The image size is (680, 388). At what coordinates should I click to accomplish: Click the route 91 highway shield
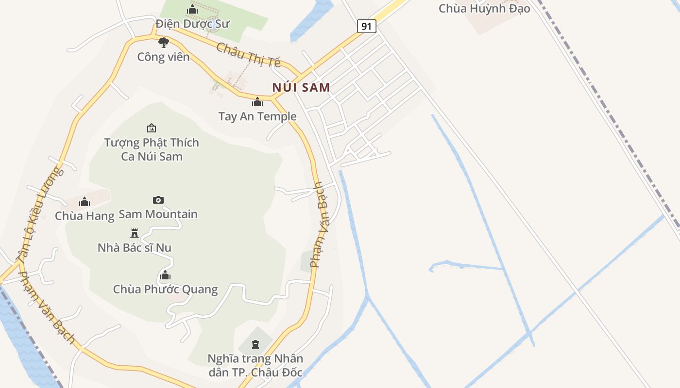tap(367, 26)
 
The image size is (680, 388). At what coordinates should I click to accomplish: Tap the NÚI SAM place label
tap(301, 88)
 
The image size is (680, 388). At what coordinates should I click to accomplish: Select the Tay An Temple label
tap(257, 116)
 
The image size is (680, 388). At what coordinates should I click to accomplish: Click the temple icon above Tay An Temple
tap(257, 102)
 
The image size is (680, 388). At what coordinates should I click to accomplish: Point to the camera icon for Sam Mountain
tap(158, 200)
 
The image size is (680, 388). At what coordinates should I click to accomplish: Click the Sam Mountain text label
tap(158, 214)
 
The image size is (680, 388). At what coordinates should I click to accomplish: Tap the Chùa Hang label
tap(85, 216)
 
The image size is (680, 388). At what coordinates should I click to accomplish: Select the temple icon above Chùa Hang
tap(85, 202)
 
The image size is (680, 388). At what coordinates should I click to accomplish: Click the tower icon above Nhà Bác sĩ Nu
tap(135, 233)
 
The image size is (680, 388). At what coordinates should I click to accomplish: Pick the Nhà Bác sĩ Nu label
tap(135, 248)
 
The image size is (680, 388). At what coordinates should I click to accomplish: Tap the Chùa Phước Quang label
tap(165, 290)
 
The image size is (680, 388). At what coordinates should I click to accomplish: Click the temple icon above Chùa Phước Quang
tap(165, 275)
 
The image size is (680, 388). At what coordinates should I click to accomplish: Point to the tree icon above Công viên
tap(164, 42)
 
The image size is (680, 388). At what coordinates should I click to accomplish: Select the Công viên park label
tap(163, 57)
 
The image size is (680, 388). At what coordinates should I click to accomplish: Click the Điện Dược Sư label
tap(192, 23)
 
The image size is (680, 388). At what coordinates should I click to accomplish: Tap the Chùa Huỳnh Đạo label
tap(484, 9)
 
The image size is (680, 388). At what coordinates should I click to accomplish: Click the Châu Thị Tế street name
tap(249, 55)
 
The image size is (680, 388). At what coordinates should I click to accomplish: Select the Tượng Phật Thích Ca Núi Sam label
tap(152, 149)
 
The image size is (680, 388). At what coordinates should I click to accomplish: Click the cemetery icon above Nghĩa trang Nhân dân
tap(255, 344)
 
